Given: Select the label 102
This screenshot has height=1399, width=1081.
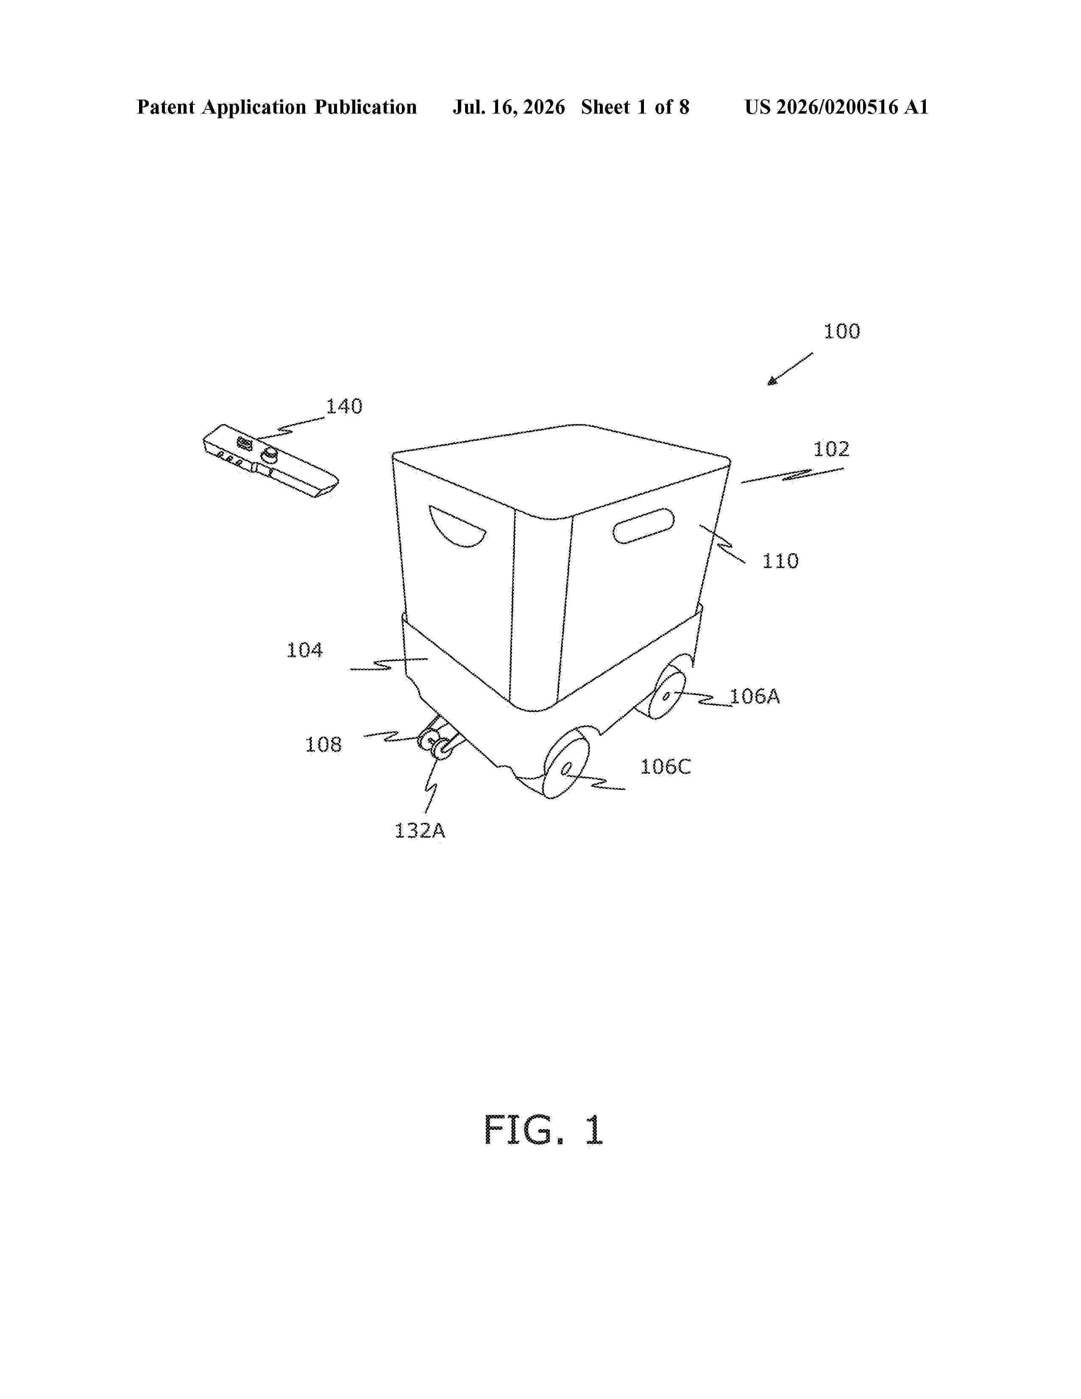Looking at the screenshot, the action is point(831,449).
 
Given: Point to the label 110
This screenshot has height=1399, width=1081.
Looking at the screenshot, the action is point(780,561).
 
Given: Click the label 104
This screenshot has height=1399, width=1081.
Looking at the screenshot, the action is point(304,650).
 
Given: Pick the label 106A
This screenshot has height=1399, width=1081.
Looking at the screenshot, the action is point(755,696).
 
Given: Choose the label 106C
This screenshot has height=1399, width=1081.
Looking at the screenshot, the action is point(666,767).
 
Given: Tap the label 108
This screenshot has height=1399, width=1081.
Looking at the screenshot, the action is point(323,744).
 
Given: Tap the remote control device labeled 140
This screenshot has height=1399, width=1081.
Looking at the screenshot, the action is point(270,461).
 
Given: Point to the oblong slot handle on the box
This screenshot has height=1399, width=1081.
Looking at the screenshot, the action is point(644,526).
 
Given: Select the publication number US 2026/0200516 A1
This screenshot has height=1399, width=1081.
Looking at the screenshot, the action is point(836,107).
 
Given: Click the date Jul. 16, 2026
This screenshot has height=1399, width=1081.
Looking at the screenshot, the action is point(509,107).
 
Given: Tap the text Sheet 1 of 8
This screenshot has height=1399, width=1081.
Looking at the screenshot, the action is point(635,107).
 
